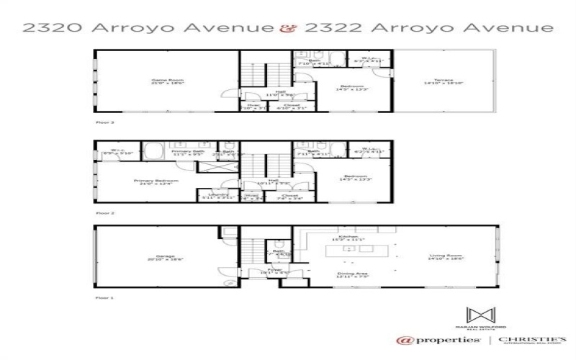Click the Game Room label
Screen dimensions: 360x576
[x=158, y=81]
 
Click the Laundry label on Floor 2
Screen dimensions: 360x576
[x=218, y=195]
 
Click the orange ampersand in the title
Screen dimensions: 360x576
[x=286, y=29]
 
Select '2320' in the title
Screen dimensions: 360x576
[x=51, y=29]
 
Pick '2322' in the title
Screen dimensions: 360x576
[x=327, y=29]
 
